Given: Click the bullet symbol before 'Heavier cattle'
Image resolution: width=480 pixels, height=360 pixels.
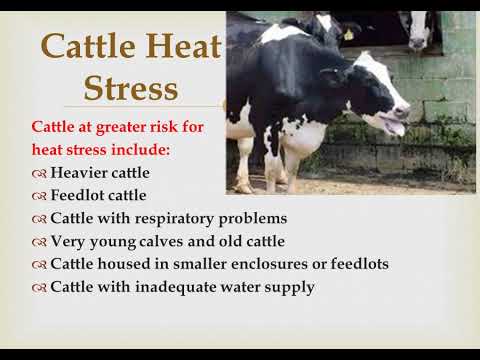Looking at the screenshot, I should click(39, 172).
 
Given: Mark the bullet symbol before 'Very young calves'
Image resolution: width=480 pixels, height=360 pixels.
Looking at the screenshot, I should click(39, 242).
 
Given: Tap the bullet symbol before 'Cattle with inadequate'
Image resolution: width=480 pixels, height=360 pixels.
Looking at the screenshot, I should click(39, 288).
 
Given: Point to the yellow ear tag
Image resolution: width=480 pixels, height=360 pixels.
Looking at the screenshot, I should click(348, 33).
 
